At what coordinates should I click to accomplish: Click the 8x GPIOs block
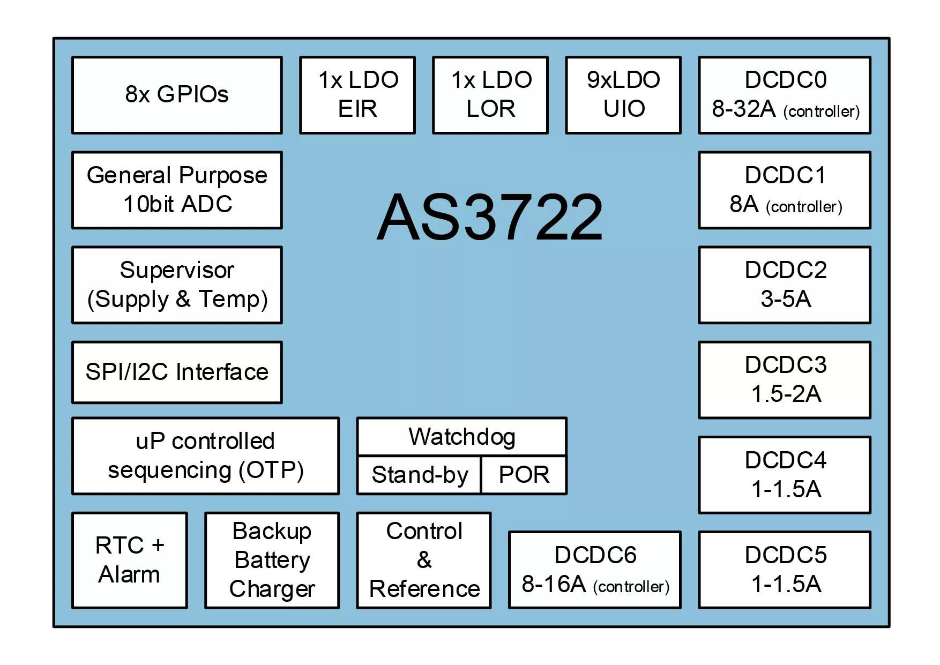pos(177,95)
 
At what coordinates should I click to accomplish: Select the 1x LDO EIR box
pos(357,95)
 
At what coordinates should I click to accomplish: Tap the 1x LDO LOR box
pos(490,95)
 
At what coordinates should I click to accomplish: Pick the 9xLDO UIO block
pos(623,95)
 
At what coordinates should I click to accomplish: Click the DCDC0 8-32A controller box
pos(785,95)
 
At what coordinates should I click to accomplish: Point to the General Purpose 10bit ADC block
pos(177,190)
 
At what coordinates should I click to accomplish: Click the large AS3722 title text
pos(490,217)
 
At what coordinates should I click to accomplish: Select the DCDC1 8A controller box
pos(785,190)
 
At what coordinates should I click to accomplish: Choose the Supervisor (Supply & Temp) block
pos(177,285)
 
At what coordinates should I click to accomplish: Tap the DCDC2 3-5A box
pos(785,285)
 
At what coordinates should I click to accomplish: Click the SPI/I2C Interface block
pos(177,372)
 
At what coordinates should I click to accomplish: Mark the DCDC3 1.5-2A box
pos(785,380)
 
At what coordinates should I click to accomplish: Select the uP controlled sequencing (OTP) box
pos(206,456)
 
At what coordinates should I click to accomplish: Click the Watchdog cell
pos(462,437)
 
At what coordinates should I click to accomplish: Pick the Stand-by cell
pos(419,475)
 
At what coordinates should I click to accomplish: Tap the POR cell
pos(524,475)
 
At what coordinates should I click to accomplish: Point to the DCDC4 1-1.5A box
pos(785,475)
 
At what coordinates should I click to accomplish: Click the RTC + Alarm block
pos(130,561)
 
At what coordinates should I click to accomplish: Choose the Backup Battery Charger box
pos(272,561)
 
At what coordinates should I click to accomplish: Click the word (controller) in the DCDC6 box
pos(631,587)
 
